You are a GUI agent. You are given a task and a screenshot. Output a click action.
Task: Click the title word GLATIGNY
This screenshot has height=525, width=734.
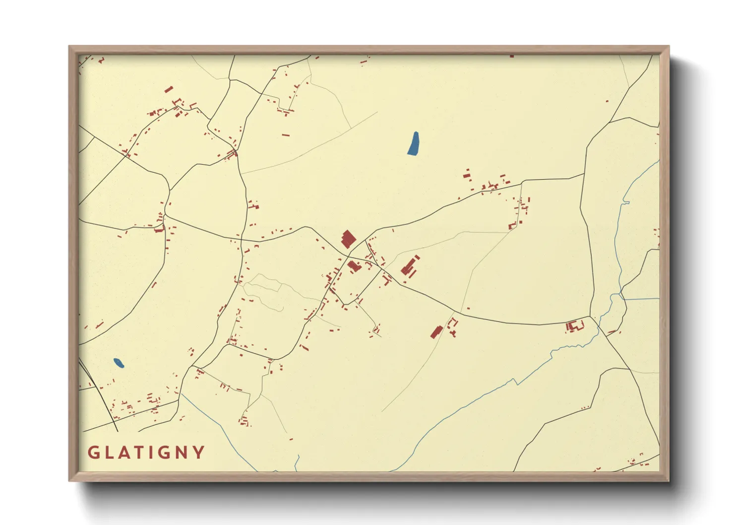[x=146, y=452]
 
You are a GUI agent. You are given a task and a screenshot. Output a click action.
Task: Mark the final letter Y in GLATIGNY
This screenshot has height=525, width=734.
[x=199, y=452]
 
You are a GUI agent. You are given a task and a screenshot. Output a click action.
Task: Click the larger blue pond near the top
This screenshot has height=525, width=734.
[x=413, y=143]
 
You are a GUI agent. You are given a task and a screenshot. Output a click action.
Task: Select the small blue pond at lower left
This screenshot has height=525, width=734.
[x=119, y=363]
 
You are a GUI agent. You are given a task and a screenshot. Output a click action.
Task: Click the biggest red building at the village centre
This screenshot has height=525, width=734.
[x=348, y=239]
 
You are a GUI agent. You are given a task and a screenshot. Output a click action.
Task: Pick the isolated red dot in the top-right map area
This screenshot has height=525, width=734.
[x=607, y=101]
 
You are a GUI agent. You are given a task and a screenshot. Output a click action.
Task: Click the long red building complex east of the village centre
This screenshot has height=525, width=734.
[x=410, y=267]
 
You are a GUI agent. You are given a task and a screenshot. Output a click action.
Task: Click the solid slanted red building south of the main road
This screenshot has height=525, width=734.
[x=436, y=331]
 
